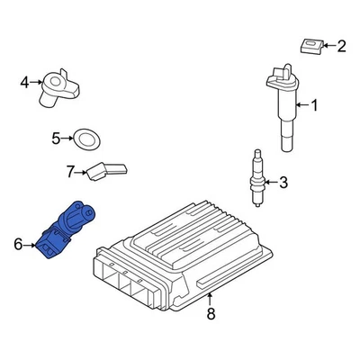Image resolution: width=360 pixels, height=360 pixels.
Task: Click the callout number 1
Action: coord(314,106)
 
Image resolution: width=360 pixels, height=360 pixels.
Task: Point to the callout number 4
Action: coord(24,84)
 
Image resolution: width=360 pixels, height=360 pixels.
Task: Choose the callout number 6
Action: coord(18,243)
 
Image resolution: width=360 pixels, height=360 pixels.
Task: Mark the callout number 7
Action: coord(68,170)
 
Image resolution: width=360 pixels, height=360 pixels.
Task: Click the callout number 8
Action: coord(211,314)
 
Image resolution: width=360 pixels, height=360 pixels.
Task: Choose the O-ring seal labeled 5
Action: coord(85,139)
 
